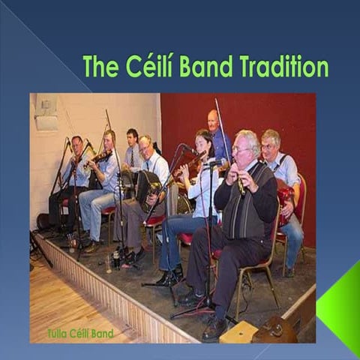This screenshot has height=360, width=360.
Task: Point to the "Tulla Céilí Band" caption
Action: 80,333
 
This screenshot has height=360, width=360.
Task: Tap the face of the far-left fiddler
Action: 78,146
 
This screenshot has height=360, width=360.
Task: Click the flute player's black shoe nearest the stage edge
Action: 213,328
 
